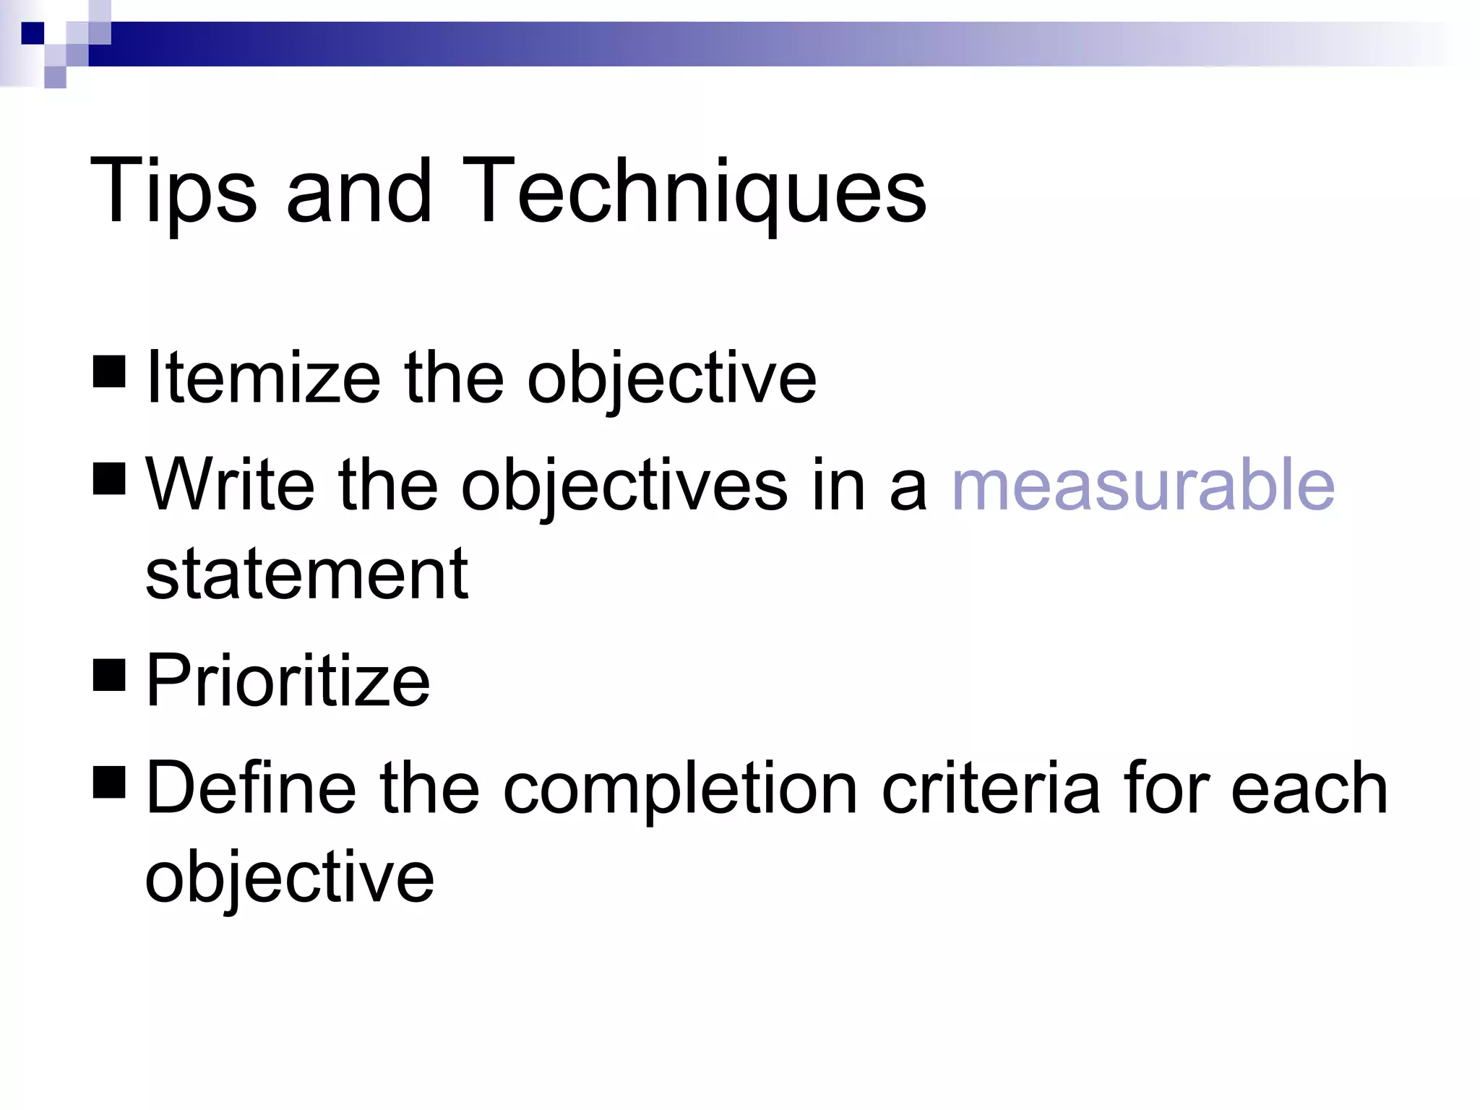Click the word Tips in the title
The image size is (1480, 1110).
coord(172,192)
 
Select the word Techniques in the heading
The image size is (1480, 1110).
coord(694,192)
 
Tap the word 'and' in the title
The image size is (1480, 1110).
coord(359,192)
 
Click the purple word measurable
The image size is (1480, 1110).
coord(1143,485)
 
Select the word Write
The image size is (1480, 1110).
coord(230,485)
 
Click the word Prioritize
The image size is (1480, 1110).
coord(288,680)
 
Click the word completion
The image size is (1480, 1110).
coord(680,789)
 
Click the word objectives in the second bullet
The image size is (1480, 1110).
coord(624,486)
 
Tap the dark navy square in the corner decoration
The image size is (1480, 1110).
coord(33,33)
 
